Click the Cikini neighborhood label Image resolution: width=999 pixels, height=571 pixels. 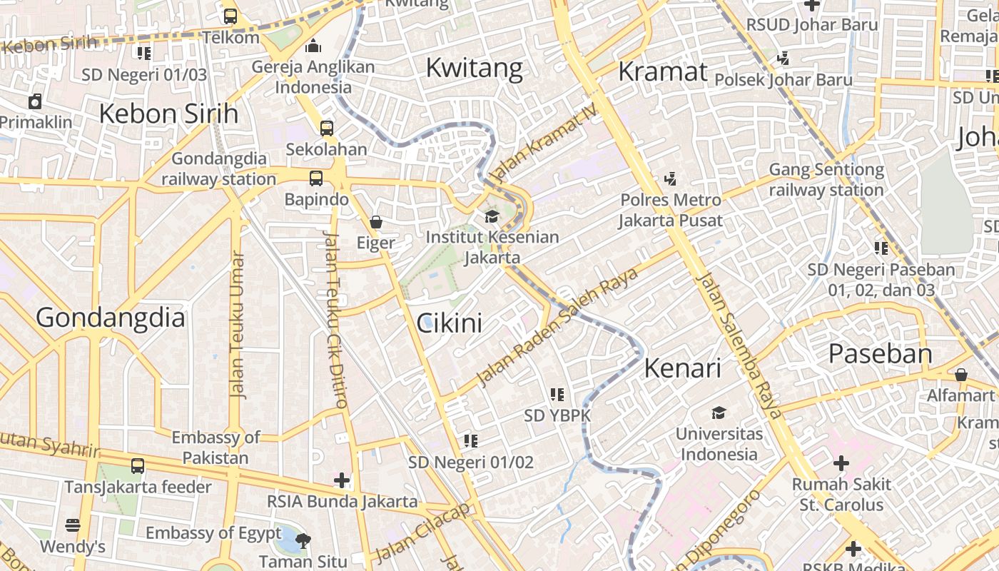click(x=449, y=323)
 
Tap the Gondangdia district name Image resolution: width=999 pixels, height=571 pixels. click(x=111, y=317)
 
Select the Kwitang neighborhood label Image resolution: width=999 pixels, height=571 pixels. click(x=474, y=68)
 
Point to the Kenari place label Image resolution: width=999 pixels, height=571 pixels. click(x=682, y=368)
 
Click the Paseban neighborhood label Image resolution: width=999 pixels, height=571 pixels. click(x=880, y=354)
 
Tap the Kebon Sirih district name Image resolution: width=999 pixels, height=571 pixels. click(x=168, y=113)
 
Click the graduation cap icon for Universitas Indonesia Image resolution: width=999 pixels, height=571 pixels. click(x=719, y=413)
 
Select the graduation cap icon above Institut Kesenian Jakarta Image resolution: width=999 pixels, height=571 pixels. click(x=492, y=216)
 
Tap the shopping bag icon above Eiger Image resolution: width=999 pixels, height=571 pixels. click(x=376, y=222)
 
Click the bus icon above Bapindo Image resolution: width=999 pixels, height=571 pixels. click(x=316, y=178)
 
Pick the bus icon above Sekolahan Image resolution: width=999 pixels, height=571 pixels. click(x=326, y=128)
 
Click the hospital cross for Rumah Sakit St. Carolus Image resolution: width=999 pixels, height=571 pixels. click(x=841, y=463)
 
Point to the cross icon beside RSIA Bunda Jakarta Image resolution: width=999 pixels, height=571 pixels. click(x=342, y=480)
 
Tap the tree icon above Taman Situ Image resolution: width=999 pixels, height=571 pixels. click(x=303, y=540)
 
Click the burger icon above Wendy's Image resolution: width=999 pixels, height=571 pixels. click(x=73, y=525)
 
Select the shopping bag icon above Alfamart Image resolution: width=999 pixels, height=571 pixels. click(x=961, y=375)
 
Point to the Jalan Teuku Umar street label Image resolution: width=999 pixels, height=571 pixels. click(x=238, y=325)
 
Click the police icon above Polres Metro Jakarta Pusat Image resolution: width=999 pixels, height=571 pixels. click(x=670, y=178)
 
